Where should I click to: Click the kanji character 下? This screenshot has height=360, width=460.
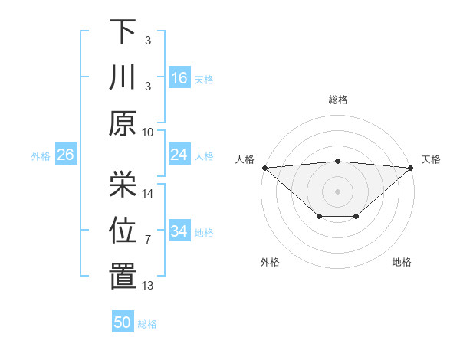[x=123, y=32]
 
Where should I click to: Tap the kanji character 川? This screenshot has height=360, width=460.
[x=123, y=78]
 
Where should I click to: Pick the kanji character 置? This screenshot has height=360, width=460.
[x=123, y=277]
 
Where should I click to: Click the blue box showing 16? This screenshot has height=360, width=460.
[x=179, y=78]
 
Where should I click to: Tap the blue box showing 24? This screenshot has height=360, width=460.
[x=179, y=155]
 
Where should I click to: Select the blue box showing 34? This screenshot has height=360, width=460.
[x=179, y=231]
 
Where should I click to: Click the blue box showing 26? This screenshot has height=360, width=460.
[x=65, y=155]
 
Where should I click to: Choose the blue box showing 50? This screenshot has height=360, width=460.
[x=123, y=322]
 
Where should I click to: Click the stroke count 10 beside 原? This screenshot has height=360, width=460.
[x=148, y=132]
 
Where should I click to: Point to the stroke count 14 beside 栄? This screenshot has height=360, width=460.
[x=148, y=194]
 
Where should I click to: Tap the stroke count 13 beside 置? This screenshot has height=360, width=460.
[x=148, y=286]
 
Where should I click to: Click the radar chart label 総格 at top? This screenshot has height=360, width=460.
[x=337, y=100]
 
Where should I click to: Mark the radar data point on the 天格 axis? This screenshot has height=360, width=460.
[x=411, y=167]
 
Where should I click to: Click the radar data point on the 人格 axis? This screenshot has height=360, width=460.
[x=264, y=167]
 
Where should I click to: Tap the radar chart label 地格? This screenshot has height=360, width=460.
[x=402, y=262]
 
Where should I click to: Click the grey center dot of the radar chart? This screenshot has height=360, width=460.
[x=337, y=191]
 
